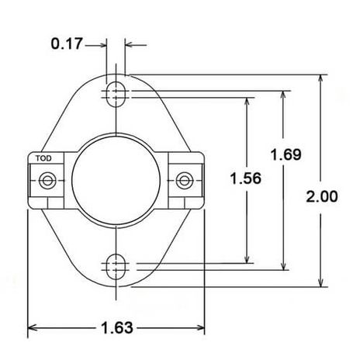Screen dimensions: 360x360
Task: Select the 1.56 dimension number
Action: click(247, 178)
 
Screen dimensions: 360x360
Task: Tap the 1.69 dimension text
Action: click(286, 154)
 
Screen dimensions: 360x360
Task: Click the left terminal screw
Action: click(47, 180)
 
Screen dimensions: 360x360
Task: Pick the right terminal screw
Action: click(184, 180)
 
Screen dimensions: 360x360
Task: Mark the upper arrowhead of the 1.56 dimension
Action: click(247, 102)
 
